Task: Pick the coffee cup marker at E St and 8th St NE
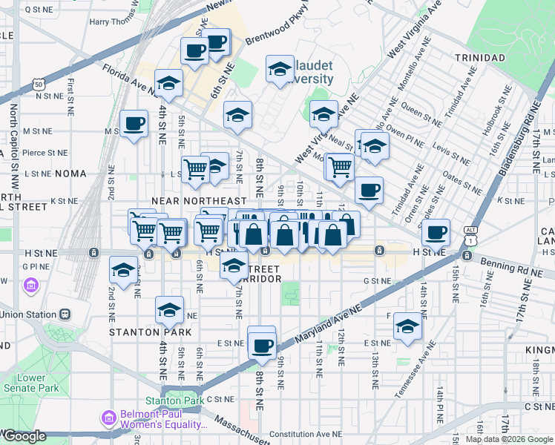coord(261,344)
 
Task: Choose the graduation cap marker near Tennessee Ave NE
coord(407,326)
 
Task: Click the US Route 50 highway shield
coord(37,85)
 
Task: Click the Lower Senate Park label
coord(31,383)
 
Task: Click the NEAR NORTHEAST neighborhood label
coord(199,201)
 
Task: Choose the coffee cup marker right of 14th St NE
coord(436,232)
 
